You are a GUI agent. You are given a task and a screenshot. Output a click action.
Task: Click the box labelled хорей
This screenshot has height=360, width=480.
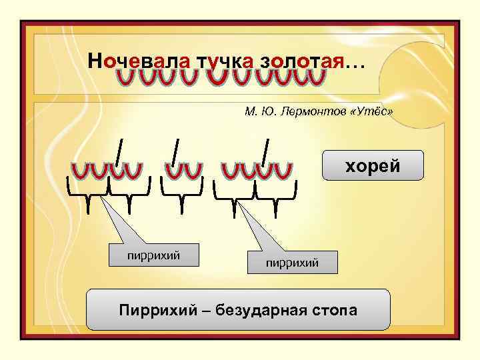click(373, 166)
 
